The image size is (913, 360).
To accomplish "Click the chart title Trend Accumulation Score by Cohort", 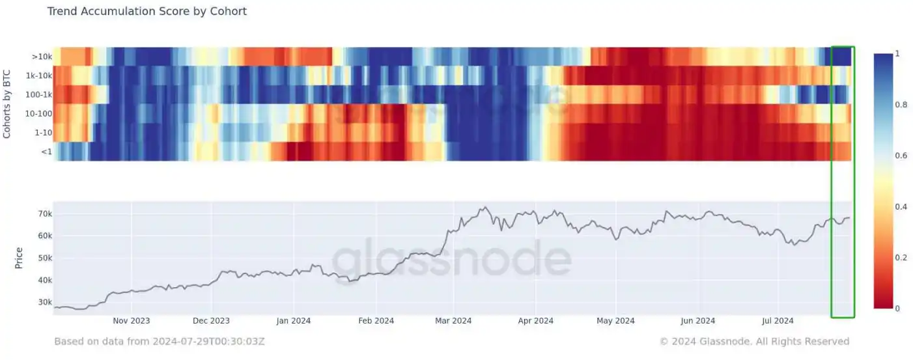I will pos(147,11).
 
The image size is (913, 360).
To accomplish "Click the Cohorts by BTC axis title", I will pos(7,104).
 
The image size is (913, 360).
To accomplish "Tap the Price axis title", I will pos(18,258).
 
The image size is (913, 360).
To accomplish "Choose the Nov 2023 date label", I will pos(131,320).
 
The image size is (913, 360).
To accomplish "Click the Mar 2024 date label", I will pos(453,320).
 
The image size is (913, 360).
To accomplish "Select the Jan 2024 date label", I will pos(293,320).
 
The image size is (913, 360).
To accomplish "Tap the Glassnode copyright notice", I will pos(754,341).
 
